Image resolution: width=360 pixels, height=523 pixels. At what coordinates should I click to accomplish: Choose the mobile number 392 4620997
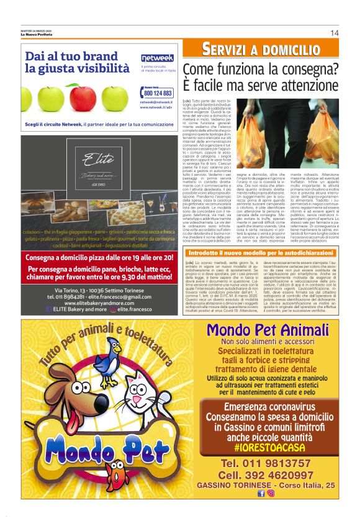click(x=266, y=475)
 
